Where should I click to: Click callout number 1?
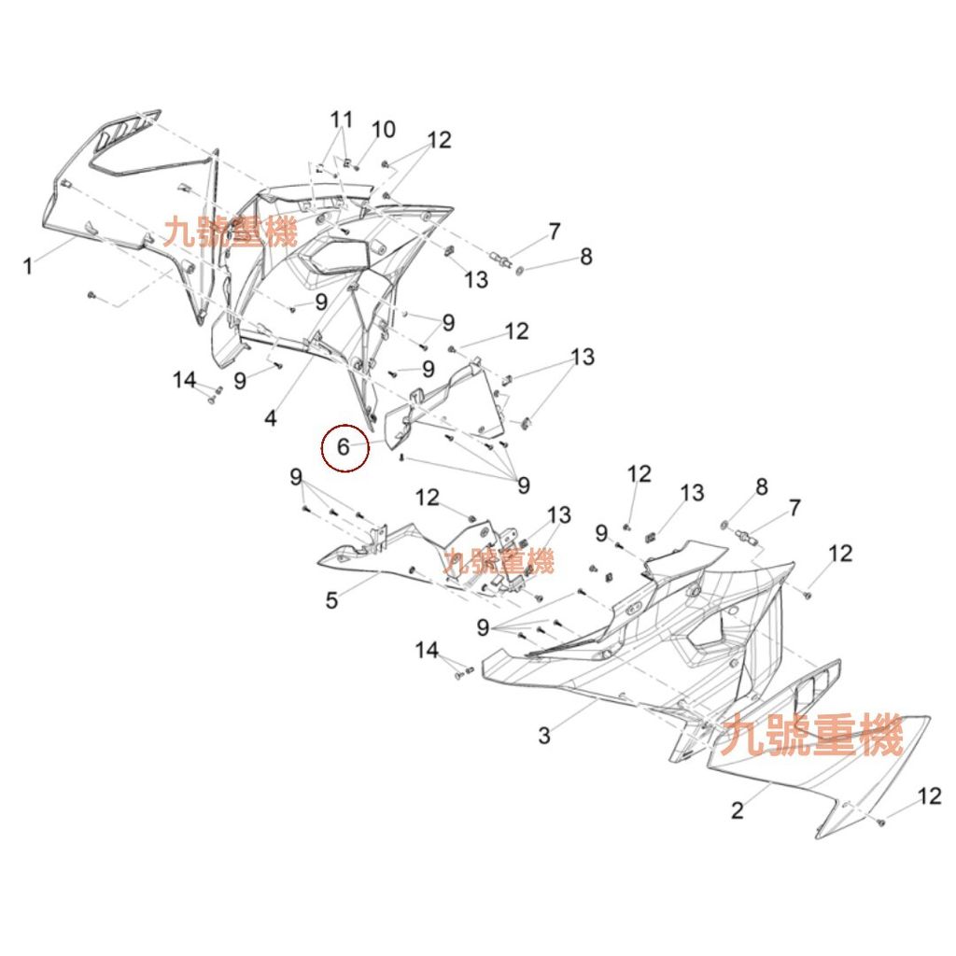pyautogui.click(x=27, y=266)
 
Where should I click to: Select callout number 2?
pyautogui.click(x=738, y=810)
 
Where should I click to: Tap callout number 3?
pyautogui.click(x=544, y=736)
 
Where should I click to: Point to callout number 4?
pyautogui.click(x=271, y=417)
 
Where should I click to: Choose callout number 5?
pyautogui.click(x=331, y=600)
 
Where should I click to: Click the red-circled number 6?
pyautogui.click(x=344, y=447)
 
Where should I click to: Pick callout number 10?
pyautogui.click(x=384, y=130)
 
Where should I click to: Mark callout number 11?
pyautogui.click(x=342, y=119)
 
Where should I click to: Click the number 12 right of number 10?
pyautogui.click(x=439, y=140)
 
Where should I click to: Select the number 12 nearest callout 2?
pyautogui.click(x=929, y=795)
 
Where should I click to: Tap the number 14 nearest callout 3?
pyautogui.click(x=427, y=650)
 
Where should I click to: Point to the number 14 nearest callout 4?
pyautogui.click(x=184, y=380)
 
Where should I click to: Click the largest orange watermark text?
pyautogui.click(x=812, y=736)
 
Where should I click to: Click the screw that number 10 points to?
pyautogui.click(x=358, y=168)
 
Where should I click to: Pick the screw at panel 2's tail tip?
pyautogui.click(x=880, y=822)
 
